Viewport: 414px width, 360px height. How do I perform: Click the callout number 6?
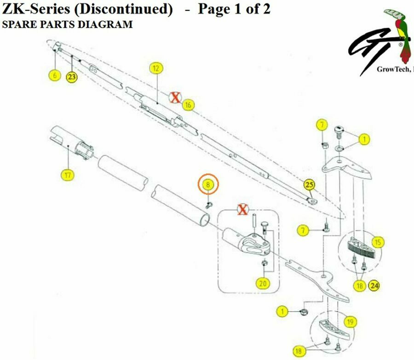(55, 75)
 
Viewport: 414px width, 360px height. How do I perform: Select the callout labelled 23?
(72, 77)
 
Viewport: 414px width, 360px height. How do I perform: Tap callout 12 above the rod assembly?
(156, 68)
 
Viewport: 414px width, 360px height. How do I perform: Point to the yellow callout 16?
(188, 105)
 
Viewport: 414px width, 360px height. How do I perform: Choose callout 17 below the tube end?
(68, 175)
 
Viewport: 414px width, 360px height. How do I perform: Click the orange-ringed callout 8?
(208, 185)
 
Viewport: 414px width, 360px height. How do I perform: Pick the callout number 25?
(310, 185)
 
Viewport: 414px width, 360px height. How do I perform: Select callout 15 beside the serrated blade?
(378, 242)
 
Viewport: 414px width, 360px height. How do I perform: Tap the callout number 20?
(263, 283)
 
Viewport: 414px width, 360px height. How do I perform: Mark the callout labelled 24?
(374, 285)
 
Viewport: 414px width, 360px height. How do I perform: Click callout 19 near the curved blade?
(351, 322)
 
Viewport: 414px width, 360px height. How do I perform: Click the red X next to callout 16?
(175, 98)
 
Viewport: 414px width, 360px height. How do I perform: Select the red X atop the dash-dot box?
(242, 210)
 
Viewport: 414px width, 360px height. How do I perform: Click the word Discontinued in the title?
(123, 9)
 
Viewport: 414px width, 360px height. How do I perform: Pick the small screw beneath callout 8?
(209, 205)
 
